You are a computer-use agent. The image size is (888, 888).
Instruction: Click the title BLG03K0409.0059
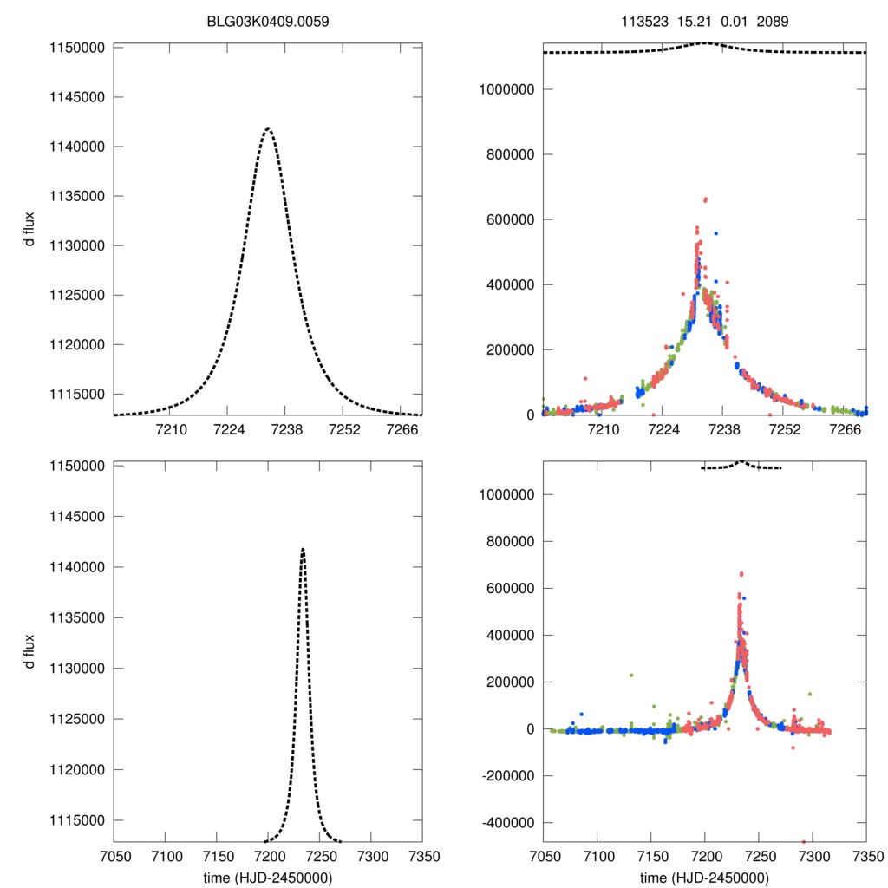click(267, 21)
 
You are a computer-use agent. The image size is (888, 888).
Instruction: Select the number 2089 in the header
click(772, 21)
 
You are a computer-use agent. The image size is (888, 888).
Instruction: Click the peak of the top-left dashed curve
click(268, 129)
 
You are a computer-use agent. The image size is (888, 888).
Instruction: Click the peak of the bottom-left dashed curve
click(303, 548)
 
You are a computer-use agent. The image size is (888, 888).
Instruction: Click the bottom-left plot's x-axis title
click(267, 878)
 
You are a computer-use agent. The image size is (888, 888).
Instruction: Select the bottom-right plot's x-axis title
click(704, 878)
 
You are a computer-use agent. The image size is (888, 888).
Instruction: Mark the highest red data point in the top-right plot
click(706, 199)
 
